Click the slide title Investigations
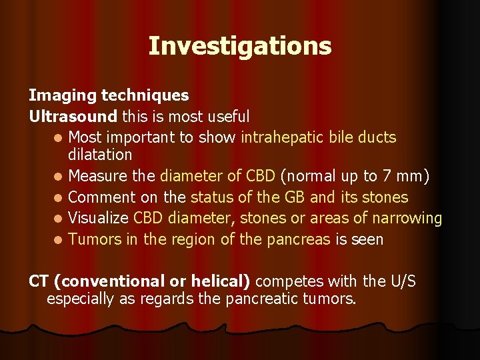coord(239,46)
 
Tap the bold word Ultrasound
coord(73,117)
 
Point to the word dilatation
coord(100,155)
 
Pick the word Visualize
coord(98,218)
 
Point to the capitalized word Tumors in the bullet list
coord(93,239)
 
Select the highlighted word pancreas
coord(299,239)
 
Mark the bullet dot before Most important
coord(59,139)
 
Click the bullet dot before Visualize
coord(59,219)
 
